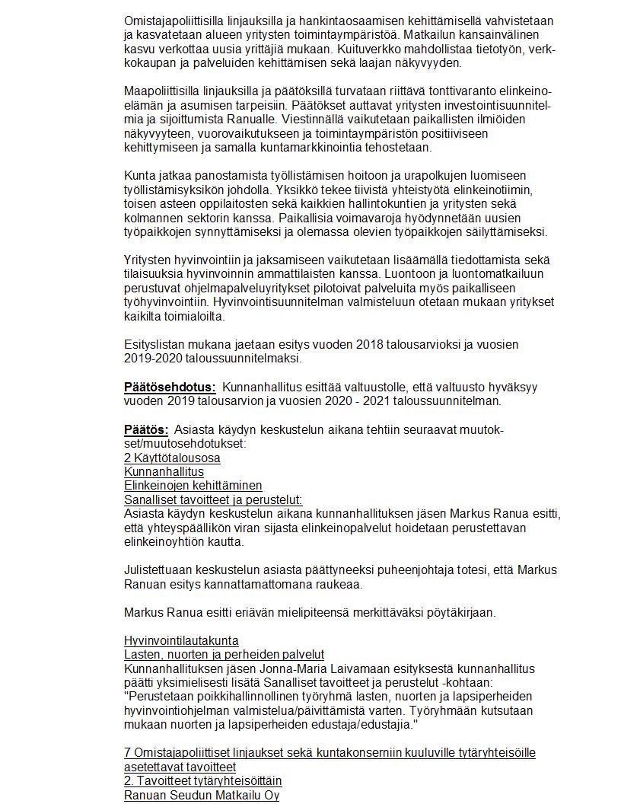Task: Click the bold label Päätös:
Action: click(146, 429)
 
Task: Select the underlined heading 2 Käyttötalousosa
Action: click(172, 458)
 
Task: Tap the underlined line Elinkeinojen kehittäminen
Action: click(193, 485)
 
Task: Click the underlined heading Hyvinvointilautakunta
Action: click(181, 640)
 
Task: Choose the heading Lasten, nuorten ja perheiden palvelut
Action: click(224, 654)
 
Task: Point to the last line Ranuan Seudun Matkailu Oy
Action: click(201, 795)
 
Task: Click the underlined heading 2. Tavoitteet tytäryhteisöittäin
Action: click(202, 781)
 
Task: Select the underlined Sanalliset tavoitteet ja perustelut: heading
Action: click(213, 499)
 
